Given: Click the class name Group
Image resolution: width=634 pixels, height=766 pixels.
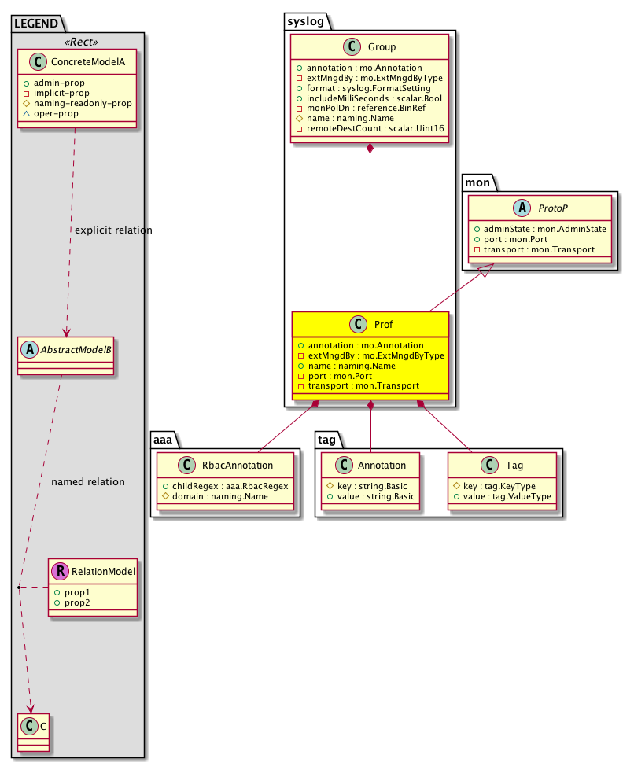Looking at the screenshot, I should pos(382,47).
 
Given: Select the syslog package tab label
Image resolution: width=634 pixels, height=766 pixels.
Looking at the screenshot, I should pos(304,18).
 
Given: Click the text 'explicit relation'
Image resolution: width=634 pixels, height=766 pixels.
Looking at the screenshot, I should pos(113,230).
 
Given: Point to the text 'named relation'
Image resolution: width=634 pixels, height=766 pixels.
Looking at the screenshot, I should pos(87,481).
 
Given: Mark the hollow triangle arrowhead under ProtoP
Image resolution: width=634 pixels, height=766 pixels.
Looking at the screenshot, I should pos(486,269).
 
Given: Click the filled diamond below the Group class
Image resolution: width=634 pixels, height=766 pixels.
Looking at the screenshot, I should pos(370,149).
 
